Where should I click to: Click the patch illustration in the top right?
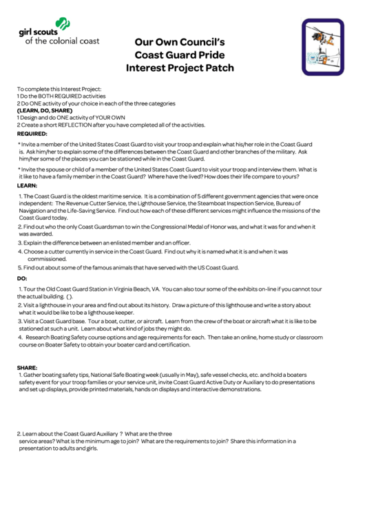[x=322, y=47]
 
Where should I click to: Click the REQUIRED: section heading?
[x=32, y=134]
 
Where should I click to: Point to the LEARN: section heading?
[x=27, y=186]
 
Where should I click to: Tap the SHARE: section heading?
[x=28, y=367]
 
